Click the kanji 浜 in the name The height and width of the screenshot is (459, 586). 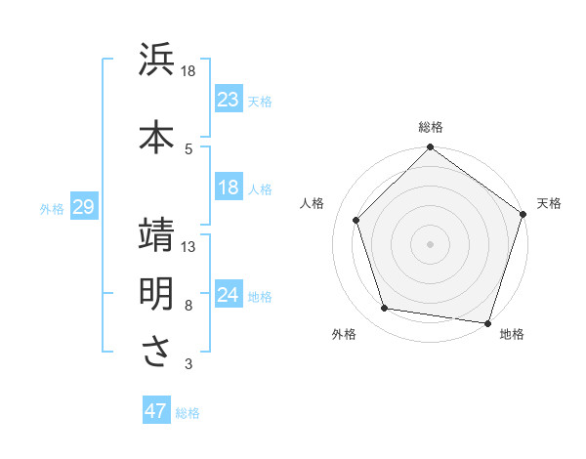click(x=156, y=61)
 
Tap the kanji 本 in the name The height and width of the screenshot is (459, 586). click(x=156, y=136)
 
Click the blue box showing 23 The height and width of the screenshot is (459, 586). click(x=229, y=100)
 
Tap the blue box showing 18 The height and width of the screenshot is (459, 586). click(x=229, y=188)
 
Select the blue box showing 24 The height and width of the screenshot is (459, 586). click(x=229, y=295)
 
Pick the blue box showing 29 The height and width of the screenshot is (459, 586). click(x=83, y=207)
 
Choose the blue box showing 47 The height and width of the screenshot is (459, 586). click(x=156, y=411)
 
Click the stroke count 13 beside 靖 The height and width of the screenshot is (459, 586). click(x=189, y=247)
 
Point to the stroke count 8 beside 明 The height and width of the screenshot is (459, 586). click(x=189, y=306)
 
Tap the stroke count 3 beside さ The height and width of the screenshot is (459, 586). click(x=189, y=364)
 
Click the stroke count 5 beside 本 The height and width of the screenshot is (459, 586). click(x=189, y=148)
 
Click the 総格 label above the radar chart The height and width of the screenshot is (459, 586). click(x=431, y=127)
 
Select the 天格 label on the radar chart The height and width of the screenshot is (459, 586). click(x=549, y=203)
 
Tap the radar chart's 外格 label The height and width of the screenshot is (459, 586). click(x=344, y=334)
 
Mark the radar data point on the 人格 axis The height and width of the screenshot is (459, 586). click(x=356, y=220)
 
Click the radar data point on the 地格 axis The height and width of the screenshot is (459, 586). click(x=488, y=322)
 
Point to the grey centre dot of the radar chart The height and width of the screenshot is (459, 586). click(x=431, y=243)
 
